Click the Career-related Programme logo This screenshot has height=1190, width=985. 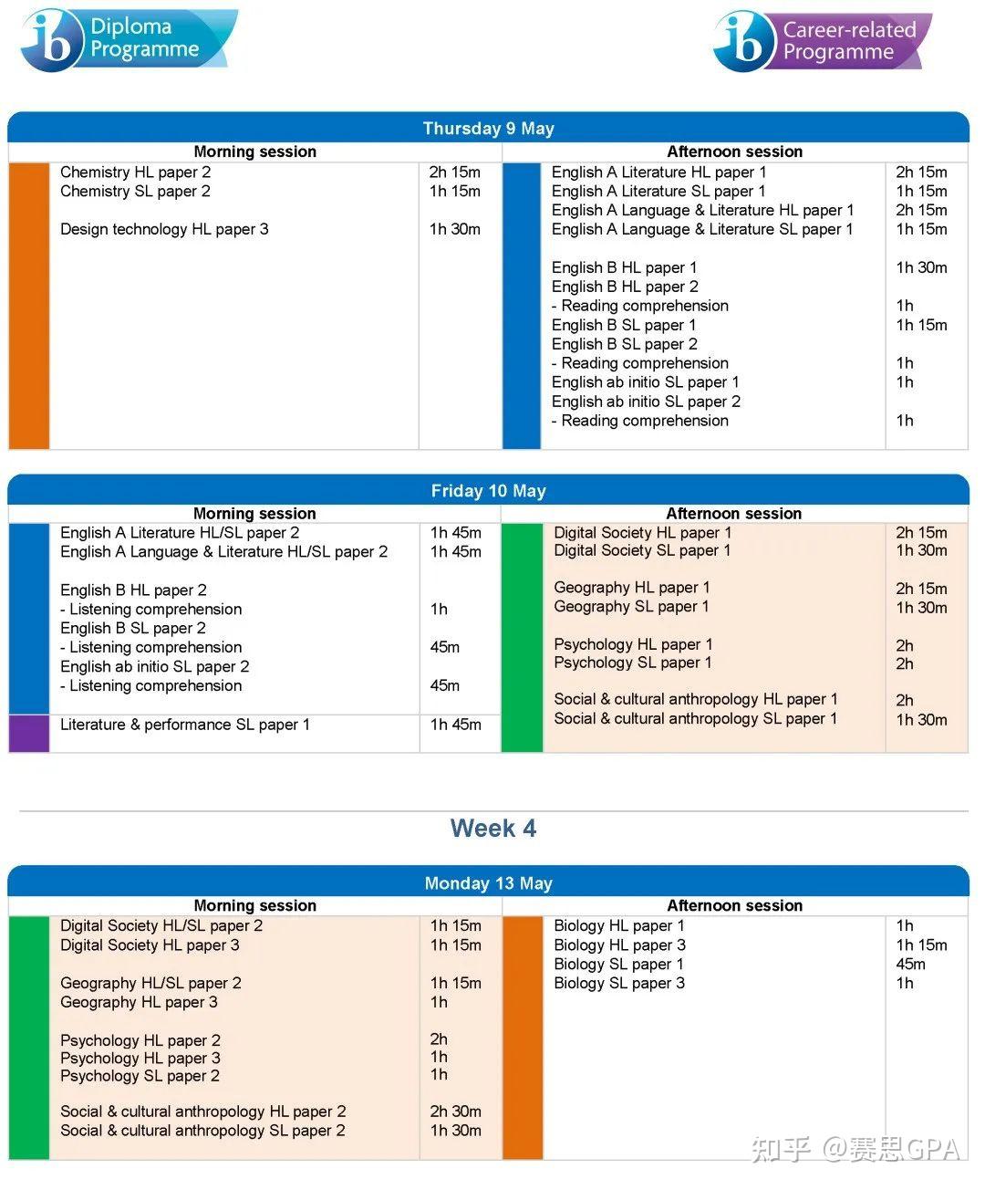coord(822,41)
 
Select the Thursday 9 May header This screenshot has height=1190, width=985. coord(488,129)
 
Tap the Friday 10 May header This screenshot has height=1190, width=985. coord(488,491)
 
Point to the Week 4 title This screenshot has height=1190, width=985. coord(493,829)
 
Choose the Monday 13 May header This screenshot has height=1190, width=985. coord(488,883)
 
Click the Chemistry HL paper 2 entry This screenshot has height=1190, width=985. coord(135,172)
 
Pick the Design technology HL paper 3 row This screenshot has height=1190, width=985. coord(164,229)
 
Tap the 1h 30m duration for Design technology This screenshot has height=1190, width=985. coord(454,229)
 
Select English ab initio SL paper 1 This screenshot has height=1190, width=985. coord(645,382)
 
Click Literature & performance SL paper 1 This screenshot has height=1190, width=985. coord(184,725)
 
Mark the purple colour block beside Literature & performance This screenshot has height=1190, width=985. coord(28,734)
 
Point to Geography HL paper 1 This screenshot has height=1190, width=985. coord(631,588)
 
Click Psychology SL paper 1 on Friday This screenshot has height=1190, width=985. coord(632,663)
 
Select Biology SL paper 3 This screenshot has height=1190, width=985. coord(618,983)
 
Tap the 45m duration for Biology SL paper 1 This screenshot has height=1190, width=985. coord(910,964)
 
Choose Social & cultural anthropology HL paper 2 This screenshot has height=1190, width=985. coord(202,1112)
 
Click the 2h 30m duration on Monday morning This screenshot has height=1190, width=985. coord(455,1112)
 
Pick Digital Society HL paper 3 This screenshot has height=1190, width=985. coord(150,945)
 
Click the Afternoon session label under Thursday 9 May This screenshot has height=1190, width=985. coord(734,151)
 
